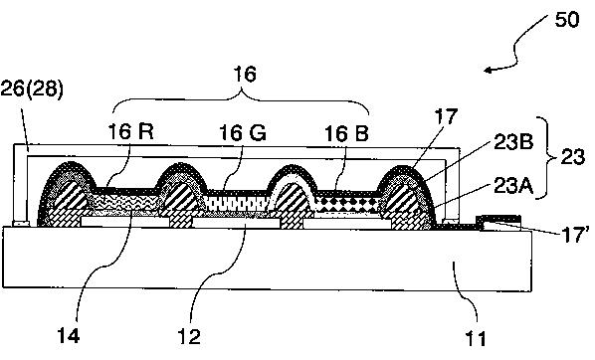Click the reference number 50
(x=567, y=20)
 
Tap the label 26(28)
(x=32, y=90)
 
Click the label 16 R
(x=131, y=131)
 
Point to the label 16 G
(x=243, y=133)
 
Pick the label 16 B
(x=347, y=133)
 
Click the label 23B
(x=513, y=142)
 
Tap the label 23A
(x=513, y=186)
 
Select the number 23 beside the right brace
(x=573, y=157)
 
